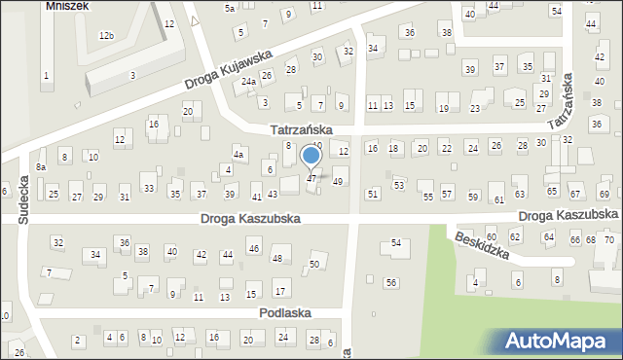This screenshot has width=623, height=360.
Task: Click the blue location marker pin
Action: (311, 156)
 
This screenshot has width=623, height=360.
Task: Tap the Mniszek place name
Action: (67, 5)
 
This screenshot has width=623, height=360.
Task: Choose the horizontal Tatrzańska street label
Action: (302, 129)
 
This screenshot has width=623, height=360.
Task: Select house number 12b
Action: (106, 36)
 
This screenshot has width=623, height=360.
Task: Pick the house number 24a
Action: (249, 81)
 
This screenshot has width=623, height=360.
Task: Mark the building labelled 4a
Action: (238, 154)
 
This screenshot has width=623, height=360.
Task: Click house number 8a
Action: (41, 167)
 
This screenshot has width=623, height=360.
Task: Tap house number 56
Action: (390, 282)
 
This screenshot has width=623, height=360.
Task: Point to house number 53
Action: (398, 185)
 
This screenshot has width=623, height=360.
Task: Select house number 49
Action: (338, 182)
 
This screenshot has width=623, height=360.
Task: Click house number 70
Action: (609, 239)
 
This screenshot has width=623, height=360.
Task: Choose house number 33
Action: (148, 188)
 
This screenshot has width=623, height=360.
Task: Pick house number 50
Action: (313, 265)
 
